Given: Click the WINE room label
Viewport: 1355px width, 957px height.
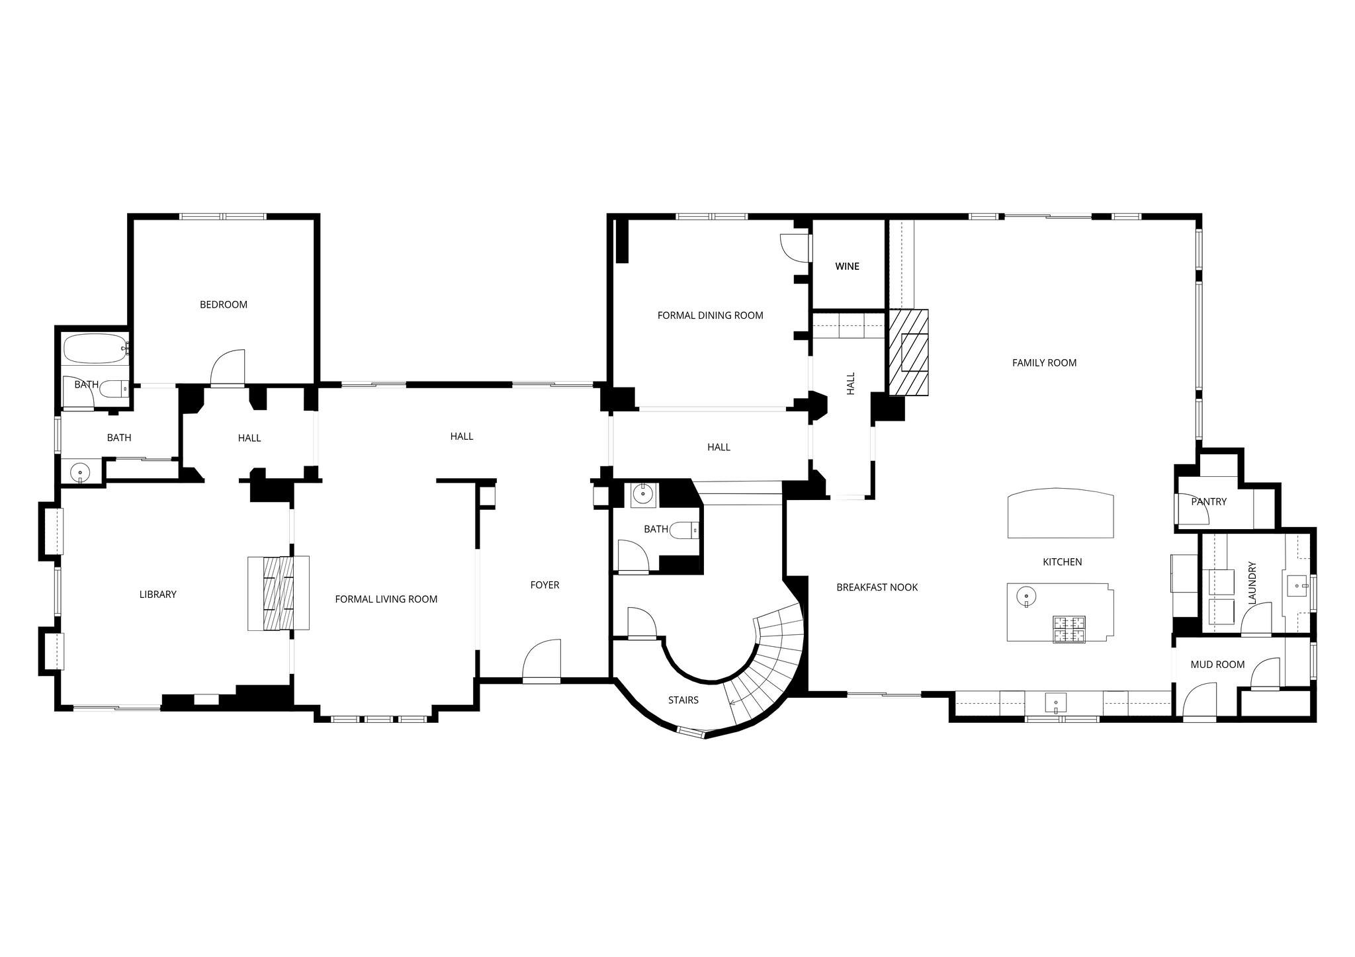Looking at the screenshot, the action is [x=847, y=267].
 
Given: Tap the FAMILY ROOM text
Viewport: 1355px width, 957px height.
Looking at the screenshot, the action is [x=1044, y=363].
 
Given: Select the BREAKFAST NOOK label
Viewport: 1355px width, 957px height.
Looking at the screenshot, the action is [x=877, y=587].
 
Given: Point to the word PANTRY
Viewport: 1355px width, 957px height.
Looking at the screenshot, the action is [x=1209, y=502].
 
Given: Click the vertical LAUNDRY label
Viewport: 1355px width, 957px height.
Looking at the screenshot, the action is [x=1252, y=583].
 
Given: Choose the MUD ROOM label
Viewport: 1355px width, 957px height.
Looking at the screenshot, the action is [x=1217, y=665].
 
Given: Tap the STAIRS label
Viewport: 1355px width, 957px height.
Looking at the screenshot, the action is [x=683, y=700].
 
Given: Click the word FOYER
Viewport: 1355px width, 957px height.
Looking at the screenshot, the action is [x=545, y=585].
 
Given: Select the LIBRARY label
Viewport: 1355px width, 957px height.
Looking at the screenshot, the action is [x=158, y=595].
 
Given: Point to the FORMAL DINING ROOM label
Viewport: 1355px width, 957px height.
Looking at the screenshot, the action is [x=710, y=315].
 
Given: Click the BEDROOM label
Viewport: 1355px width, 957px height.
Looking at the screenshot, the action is [x=224, y=305].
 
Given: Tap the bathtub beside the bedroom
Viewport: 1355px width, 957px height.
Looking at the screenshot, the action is [x=94, y=349].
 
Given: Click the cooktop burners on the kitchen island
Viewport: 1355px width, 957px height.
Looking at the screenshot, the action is [x=1069, y=629].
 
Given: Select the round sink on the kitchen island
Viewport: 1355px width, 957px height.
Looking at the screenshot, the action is [x=1026, y=597].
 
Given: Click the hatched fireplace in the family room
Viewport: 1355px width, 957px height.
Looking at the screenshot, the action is [x=908, y=353].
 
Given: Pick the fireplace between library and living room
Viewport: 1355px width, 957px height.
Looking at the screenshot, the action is [x=279, y=593].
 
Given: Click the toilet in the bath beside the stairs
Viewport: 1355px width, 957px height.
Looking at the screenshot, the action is [x=685, y=530].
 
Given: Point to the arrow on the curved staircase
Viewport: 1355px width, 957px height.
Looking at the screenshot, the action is [x=733, y=702].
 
